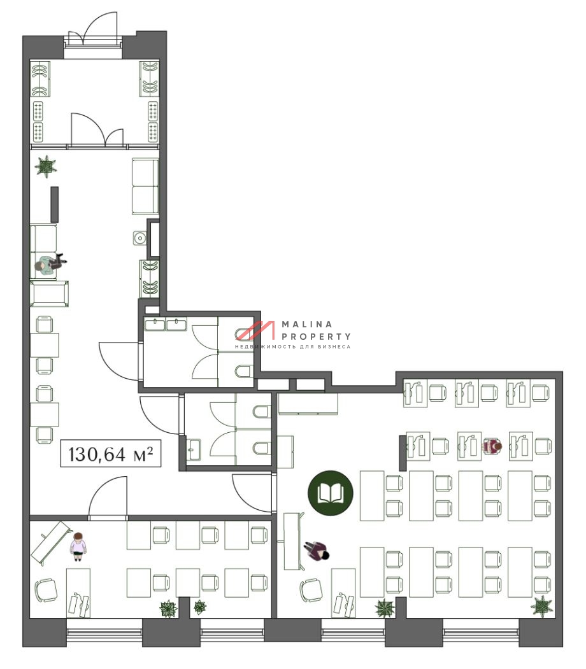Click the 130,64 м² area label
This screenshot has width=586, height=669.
pos(111,454)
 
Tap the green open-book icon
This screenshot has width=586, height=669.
pos(331,493)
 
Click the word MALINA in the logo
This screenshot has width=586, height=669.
pos(307,324)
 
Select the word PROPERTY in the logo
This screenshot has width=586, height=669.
pos(316,336)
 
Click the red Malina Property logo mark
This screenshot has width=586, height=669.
pos(255,330)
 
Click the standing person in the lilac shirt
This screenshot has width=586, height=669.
pos(78,546)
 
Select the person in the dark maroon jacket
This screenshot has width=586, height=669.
pos(317,551)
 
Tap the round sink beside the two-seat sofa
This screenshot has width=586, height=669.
pos(139,238)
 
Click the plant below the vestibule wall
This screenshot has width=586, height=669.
pos(46,166)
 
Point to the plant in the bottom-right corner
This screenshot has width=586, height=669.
pos(541,606)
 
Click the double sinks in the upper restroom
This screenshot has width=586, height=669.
pos(166,325)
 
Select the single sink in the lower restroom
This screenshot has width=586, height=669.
pos(194,449)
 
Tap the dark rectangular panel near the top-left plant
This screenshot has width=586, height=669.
pos(55,204)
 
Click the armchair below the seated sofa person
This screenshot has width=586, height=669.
pos(49,293)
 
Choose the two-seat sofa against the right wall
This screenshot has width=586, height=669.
pos(145,187)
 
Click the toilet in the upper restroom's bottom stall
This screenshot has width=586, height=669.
pos(244,371)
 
